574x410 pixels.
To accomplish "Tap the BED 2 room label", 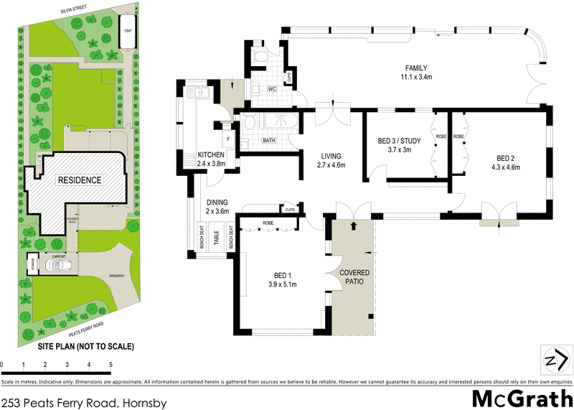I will (505, 158).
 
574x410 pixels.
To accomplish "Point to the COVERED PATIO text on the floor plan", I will (354, 277).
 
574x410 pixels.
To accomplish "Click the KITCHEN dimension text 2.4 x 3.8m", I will (212, 163).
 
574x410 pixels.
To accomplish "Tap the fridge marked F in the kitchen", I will (228, 138).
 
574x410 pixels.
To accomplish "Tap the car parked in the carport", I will (57, 265).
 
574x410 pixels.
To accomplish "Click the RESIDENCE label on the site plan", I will (80, 180).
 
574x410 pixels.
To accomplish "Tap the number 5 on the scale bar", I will (111, 365).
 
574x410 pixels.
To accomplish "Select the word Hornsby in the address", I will (143, 403).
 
